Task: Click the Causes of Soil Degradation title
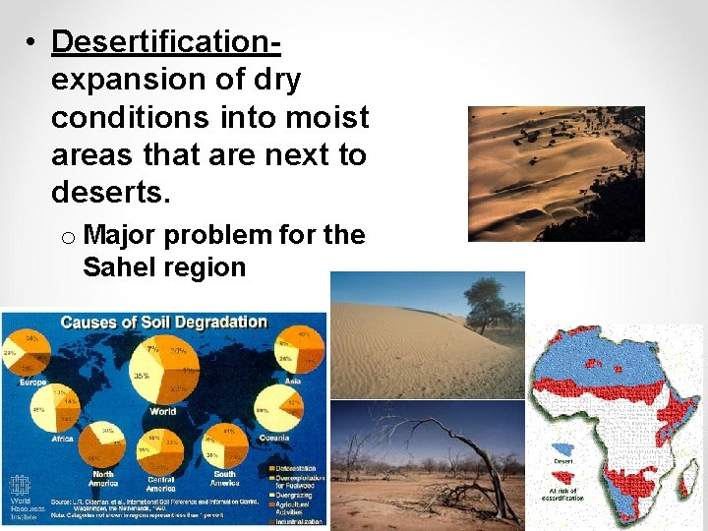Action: [x=163, y=323]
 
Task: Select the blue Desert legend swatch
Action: [x=563, y=448]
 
